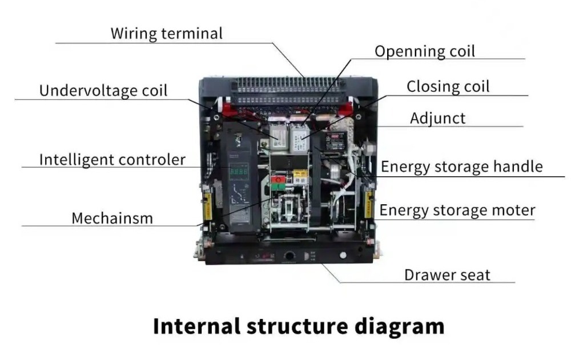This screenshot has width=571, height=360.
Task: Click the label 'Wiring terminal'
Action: point(166,33)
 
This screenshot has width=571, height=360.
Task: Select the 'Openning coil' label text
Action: point(424,51)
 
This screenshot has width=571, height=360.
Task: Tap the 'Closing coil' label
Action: point(448,87)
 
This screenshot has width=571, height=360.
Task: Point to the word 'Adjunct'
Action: point(437,118)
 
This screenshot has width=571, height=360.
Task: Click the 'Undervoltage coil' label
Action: point(103,91)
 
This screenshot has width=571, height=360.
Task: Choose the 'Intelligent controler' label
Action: point(112,159)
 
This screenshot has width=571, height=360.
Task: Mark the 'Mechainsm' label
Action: point(112,218)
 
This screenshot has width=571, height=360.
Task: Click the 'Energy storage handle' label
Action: point(461,167)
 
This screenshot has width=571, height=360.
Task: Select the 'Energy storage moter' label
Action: point(457,210)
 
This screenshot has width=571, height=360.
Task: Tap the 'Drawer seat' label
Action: point(447,275)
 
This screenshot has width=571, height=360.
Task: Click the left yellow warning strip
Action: point(208,204)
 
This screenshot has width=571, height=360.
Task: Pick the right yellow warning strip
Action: point(368,204)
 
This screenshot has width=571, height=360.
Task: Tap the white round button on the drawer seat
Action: point(343,255)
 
